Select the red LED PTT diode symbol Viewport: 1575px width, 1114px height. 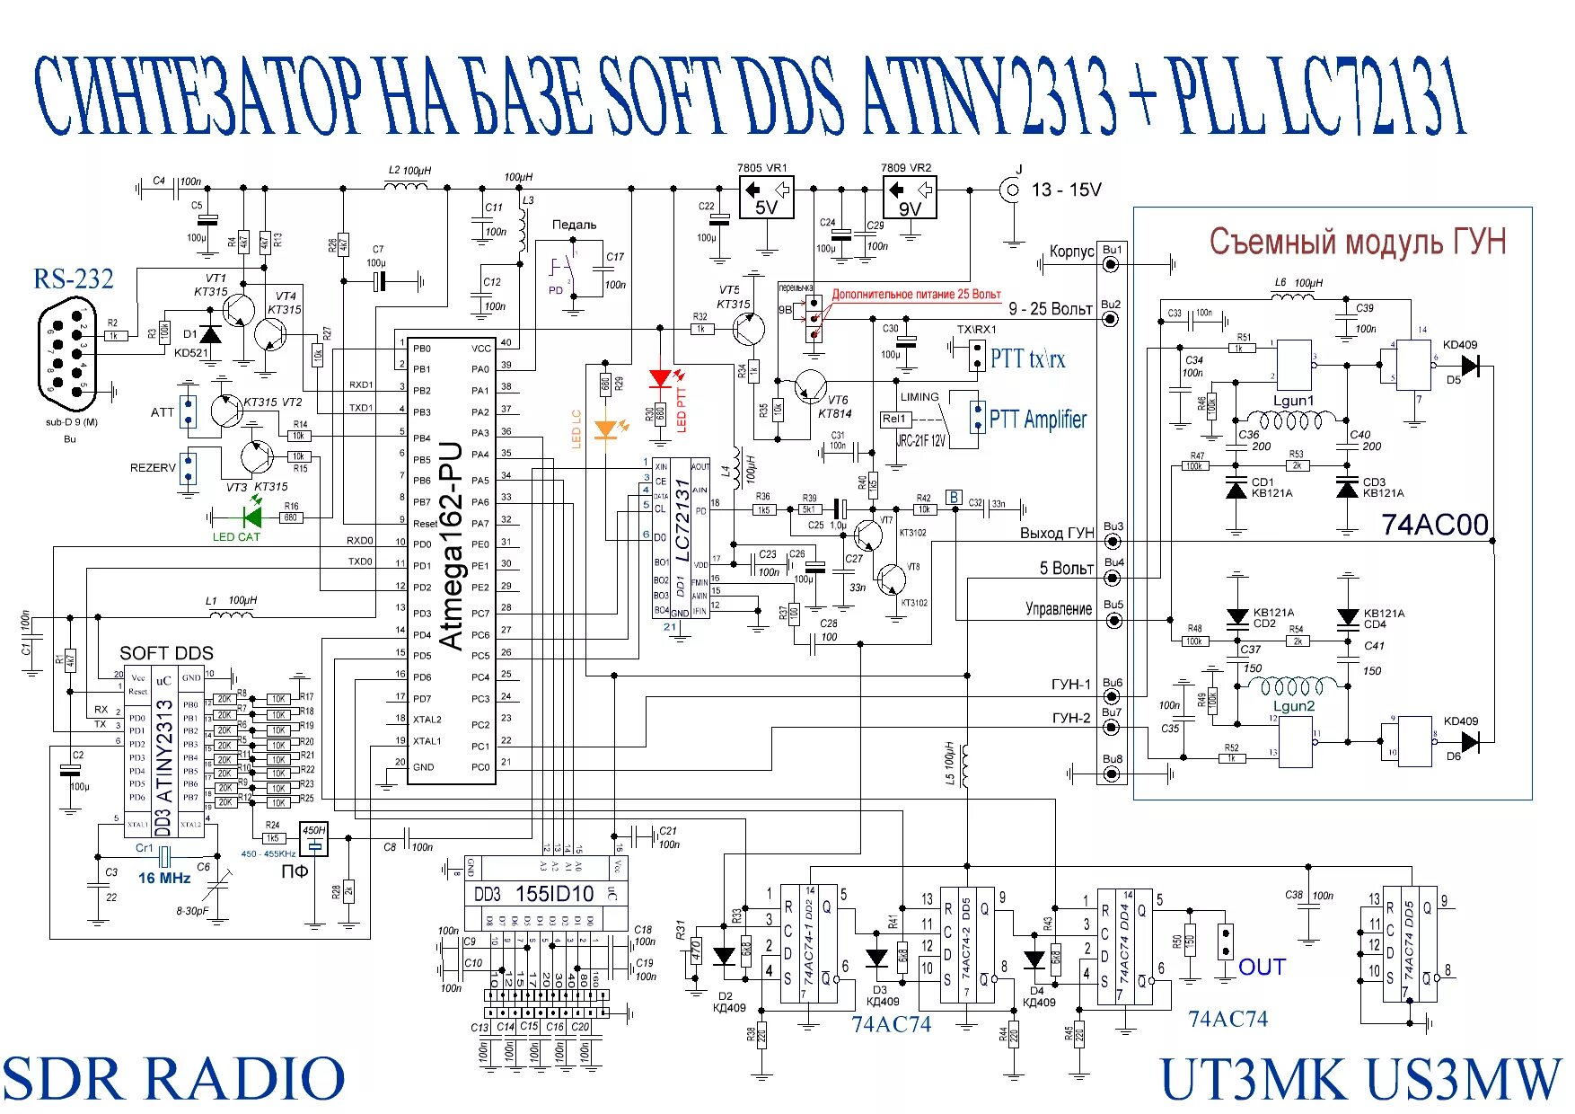662,378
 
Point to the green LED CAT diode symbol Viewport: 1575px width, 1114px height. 252,517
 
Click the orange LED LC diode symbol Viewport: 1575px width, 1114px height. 607,429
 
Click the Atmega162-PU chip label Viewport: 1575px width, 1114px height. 451,544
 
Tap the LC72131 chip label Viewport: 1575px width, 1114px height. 683,521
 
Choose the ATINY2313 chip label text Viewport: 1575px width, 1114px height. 164,751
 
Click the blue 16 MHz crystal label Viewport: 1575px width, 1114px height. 164,878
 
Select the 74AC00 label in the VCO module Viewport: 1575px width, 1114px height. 1434,525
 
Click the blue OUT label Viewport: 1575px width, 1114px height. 1262,967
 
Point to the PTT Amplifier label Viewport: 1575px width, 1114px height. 1037,419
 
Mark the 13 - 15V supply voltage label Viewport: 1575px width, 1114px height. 1066,190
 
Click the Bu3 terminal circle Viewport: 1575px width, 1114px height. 1113,541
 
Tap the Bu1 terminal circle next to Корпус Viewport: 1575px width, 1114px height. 1112,264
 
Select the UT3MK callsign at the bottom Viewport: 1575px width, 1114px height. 1254,1079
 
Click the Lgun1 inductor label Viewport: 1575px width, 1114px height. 1293,401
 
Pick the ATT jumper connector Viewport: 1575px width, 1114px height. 189,412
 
